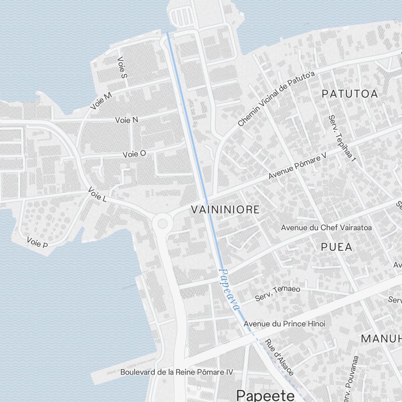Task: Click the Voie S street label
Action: tap(122, 67)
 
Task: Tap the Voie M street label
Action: tap(101, 100)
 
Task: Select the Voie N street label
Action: tap(127, 120)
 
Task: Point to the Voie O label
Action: tap(134, 154)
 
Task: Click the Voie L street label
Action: tap(97, 195)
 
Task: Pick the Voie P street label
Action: tap(37, 242)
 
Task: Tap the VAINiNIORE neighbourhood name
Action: tap(225, 210)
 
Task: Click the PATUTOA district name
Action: tap(350, 94)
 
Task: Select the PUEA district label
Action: tap(336, 247)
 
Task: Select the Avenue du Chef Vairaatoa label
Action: tap(326, 228)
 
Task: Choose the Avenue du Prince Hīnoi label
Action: tap(285, 324)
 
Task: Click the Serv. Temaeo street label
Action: tap(278, 294)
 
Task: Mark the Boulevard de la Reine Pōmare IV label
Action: tap(176, 372)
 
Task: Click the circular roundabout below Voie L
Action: tap(162, 222)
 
